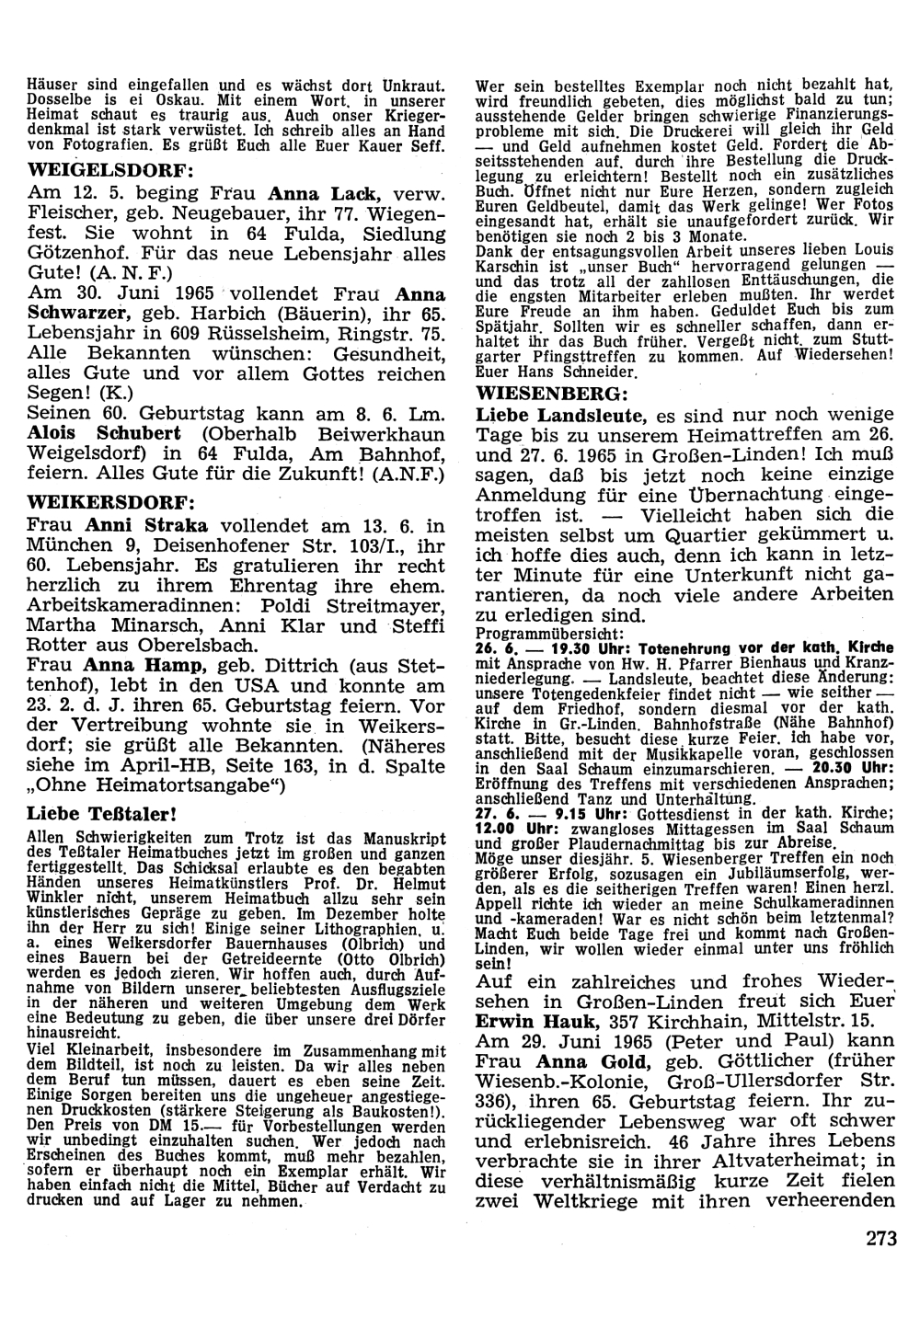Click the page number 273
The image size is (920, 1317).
point(880,1237)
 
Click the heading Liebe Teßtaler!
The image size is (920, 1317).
point(101,813)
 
